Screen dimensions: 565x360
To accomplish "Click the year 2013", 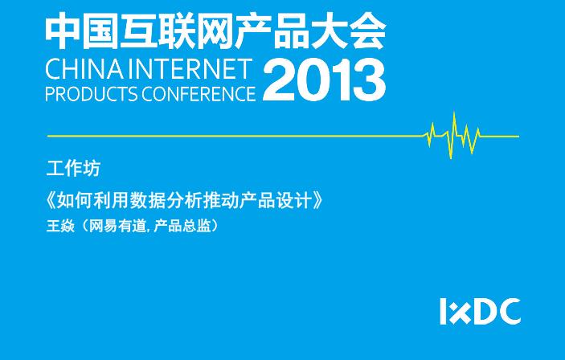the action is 325,80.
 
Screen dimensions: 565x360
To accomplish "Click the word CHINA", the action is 84,69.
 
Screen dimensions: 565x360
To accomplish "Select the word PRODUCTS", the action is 92,94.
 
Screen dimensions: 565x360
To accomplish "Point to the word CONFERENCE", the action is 199,94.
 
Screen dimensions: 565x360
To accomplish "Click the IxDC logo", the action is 481,311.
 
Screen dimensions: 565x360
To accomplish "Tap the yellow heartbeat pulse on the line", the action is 453,136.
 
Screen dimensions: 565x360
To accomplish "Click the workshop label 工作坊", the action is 73,169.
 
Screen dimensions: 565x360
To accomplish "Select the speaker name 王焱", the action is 60,226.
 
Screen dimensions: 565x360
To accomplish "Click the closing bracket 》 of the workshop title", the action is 317,201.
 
